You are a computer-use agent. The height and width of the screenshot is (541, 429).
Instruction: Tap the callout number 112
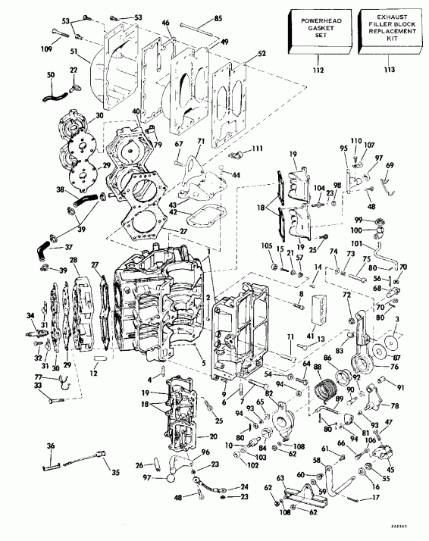click(318, 70)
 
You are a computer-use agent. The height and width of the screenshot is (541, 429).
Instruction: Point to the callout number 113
click(390, 70)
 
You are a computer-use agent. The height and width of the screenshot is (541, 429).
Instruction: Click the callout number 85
click(218, 18)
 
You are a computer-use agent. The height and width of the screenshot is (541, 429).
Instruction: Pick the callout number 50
click(51, 76)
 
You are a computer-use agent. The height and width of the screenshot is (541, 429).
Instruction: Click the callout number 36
click(51, 446)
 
